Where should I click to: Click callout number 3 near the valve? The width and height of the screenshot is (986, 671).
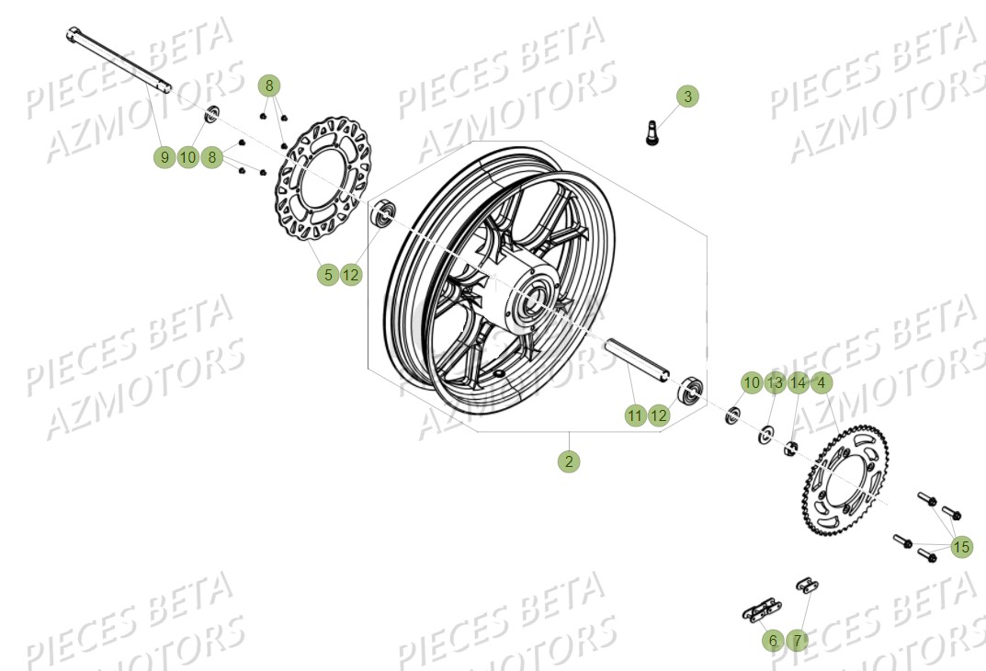688,96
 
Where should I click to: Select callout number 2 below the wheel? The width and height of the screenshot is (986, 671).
569,461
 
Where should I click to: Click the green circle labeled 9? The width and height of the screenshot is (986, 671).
164,157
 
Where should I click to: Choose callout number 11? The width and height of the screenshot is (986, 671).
634,415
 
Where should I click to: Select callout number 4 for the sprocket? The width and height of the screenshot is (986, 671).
821,382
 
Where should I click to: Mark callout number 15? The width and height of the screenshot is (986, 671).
960,548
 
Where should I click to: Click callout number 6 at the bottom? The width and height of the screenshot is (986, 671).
773,640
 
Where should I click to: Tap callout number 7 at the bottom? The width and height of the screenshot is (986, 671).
797,640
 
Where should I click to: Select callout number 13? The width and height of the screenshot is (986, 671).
775,382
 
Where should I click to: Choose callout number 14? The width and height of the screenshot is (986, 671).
798,382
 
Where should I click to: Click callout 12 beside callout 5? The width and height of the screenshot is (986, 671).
351,274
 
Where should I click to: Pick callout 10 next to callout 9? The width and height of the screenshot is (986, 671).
187,157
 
